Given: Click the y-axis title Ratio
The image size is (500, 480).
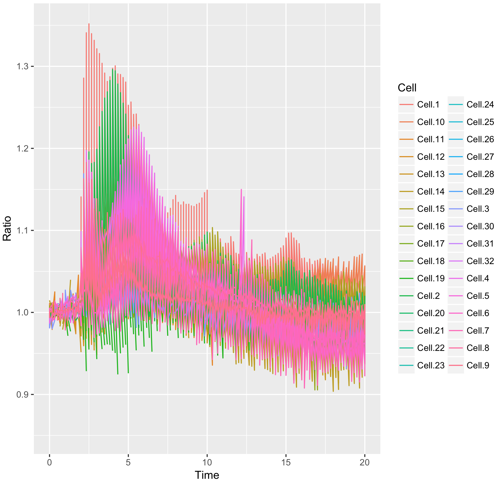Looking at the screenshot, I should point(7,228).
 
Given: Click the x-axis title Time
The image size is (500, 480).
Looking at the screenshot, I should point(207,475).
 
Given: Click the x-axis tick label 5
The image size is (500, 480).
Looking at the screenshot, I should point(128,462).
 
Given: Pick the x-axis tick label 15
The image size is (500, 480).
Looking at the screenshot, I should point(286,462).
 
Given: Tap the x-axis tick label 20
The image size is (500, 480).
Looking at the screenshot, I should point(365,462).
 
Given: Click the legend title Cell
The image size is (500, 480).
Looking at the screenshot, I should point(407,88).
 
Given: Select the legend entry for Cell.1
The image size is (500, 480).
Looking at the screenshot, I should point(428,105).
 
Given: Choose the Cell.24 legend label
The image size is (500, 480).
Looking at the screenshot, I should point(480,105).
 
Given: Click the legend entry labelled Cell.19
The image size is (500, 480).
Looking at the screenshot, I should point(431,278).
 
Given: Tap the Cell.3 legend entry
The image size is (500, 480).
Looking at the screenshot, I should point(478,209).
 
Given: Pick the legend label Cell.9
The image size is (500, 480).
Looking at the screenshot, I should point(478,365).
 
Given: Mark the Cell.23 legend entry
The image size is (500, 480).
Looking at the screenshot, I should point(431,365).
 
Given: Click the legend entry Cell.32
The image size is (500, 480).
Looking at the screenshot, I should point(480,261).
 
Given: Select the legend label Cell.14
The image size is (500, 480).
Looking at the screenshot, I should point(431,192).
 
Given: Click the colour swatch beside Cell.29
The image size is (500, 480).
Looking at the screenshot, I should point(456,192).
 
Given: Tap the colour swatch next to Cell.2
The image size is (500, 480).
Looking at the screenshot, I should point(406,296).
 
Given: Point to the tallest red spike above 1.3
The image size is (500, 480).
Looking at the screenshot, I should point(89,24).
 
